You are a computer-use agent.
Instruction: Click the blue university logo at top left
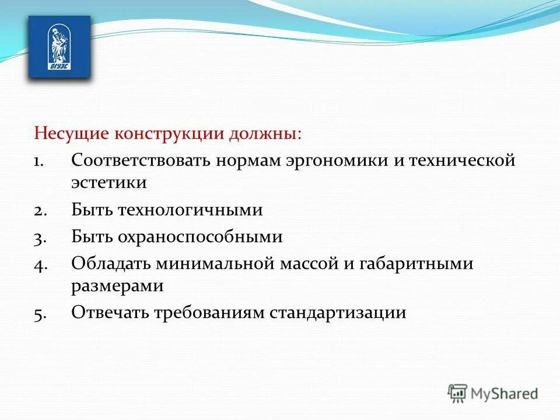click(x=60, y=47)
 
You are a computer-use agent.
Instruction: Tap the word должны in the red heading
click(x=263, y=134)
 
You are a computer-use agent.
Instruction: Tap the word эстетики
click(x=108, y=182)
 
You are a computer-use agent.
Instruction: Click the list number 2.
click(x=40, y=211)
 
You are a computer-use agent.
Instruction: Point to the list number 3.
click(x=40, y=237)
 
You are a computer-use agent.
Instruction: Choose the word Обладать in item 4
click(x=111, y=264)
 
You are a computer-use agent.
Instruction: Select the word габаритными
click(x=426, y=264)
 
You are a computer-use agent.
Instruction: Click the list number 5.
click(x=40, y=313)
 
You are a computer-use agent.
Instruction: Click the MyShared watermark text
click(x=505, y=394)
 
